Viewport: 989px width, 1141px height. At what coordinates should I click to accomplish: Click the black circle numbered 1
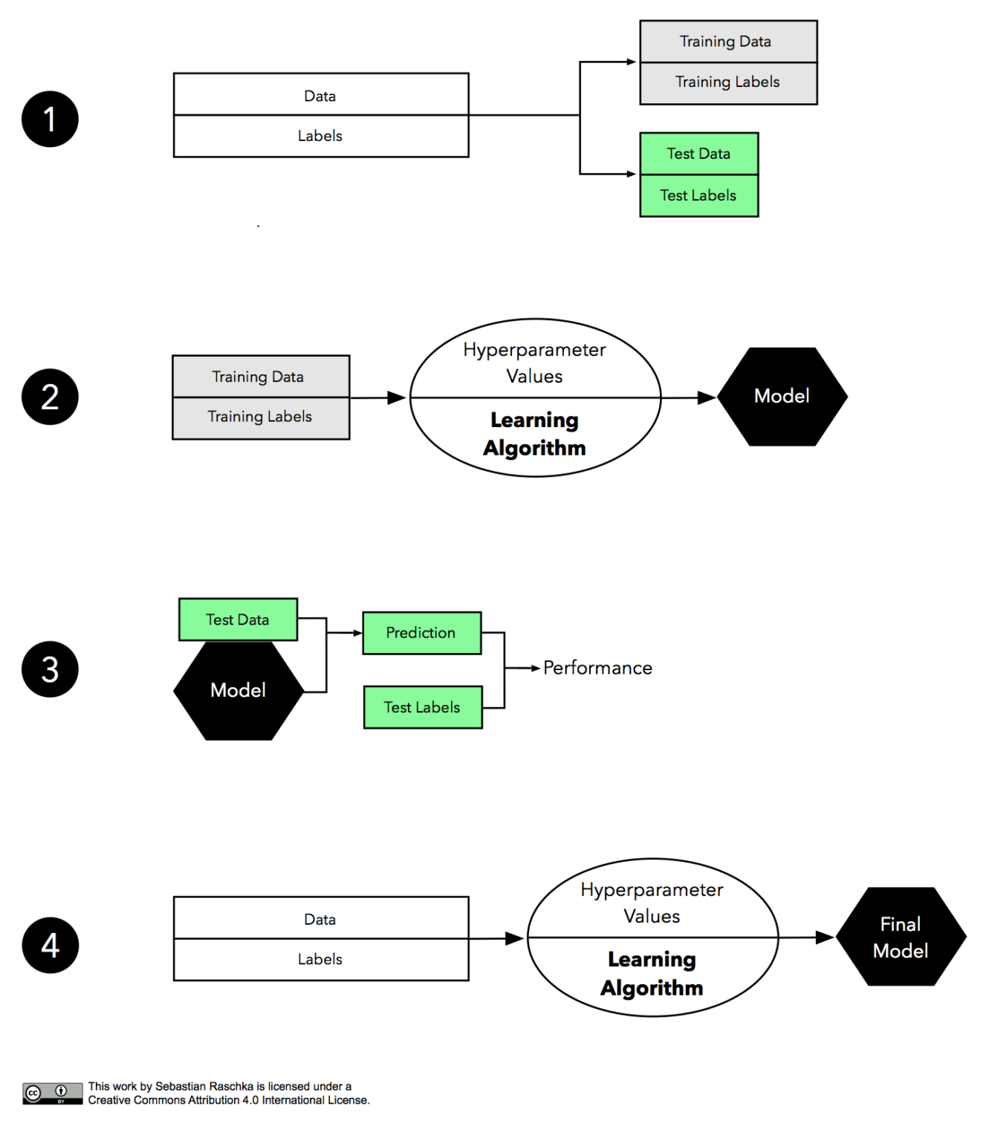point(50,119)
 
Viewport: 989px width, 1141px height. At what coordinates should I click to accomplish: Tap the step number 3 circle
point(50,669)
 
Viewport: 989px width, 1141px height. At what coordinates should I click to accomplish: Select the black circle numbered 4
point(50,945)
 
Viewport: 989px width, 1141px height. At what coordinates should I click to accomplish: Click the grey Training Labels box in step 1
point(727,82)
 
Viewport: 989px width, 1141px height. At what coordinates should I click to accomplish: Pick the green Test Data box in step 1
point(698,154)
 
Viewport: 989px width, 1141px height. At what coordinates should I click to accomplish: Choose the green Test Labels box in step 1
point(698,195)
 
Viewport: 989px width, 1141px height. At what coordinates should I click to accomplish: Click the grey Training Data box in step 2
point(260,377)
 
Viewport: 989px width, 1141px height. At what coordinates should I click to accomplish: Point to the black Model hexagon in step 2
point(782,397)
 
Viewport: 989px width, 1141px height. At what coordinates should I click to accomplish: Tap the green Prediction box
point(421,633)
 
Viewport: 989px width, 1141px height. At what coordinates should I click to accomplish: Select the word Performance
point(597,668)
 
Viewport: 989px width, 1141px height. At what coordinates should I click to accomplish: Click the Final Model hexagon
point(901,937)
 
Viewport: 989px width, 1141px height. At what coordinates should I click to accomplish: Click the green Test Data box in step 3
point(238,620)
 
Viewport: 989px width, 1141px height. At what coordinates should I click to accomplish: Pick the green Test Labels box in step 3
point(422,707)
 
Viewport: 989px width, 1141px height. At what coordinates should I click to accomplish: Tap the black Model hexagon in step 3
point(238,691)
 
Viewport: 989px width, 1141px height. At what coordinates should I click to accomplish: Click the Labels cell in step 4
point(320,959)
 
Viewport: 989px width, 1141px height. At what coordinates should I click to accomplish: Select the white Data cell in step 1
point(320,95)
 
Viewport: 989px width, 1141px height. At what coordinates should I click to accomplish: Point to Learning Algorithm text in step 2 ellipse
point(534,434)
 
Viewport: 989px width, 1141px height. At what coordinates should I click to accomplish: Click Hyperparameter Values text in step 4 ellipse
point(652,903)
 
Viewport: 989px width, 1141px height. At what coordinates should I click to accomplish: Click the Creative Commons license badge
point(52,1093)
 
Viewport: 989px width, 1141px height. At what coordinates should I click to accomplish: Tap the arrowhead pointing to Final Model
point(825,937)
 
